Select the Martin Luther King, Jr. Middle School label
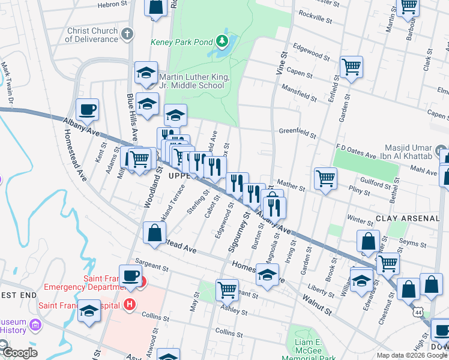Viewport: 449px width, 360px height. click(x=191, y=81)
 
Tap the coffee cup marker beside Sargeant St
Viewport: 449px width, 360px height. click(x=130, y=276)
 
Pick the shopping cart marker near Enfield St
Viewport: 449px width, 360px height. click(x=351, y=67)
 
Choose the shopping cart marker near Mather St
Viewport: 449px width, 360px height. click(x=325, y=178)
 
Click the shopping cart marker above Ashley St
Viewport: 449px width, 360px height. click(x=228, y=290)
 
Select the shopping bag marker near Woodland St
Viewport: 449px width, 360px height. click(x=154, y=233)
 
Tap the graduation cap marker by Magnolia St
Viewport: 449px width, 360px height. click(x=267, y=275)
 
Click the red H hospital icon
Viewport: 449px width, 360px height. click(x=129, y=305)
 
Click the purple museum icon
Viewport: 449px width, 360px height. click(x=35, y=326)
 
